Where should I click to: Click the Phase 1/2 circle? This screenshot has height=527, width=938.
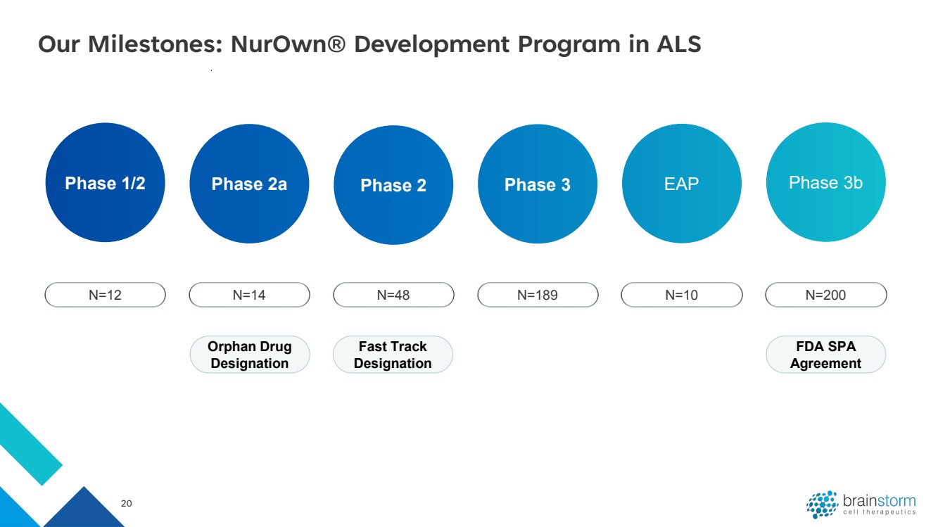pyautogui.click(x=105, y=182)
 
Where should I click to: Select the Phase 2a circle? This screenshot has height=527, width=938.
pyautogui.click(x=249, y=184)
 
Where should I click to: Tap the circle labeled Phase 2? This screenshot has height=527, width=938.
pyautogui.click(x=393, y=185)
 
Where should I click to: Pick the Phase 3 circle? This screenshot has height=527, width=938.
pyautogui.click(x=538, y=184)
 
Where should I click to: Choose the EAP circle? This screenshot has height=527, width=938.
pyautogui.click(x=682, y=184)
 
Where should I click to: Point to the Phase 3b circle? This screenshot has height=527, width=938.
pyautogui.click(x=826, y=182)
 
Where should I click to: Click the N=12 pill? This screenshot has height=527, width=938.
pyautogui.click(x=105, y=295)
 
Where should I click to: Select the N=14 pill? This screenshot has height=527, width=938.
pyautogui.click(x=249, y=295)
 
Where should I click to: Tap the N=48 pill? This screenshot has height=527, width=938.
pyautogui.click(x=393, y=295)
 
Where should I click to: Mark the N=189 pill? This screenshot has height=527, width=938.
pyautogui.click(x=538, y=295)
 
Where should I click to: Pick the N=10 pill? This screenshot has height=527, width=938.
pyautogui.click(x=682, y=295)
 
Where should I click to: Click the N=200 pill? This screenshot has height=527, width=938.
pyautogui.click(x=826, y=295)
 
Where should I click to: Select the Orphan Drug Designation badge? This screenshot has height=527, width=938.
pyautogui.click(x=250, y=355)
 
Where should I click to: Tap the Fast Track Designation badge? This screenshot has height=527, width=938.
pyautogui.click(x=393, y=355)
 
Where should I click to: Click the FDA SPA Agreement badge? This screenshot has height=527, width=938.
pyautogui.click(x=826, y=355)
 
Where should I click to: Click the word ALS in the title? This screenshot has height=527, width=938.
pyautogui.click(x=679, y=44)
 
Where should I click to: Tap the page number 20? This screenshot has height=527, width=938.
pyautogui.click(x=127, y=503)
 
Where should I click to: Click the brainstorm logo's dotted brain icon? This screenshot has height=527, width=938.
pyautogui.click(x=822, y=504)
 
